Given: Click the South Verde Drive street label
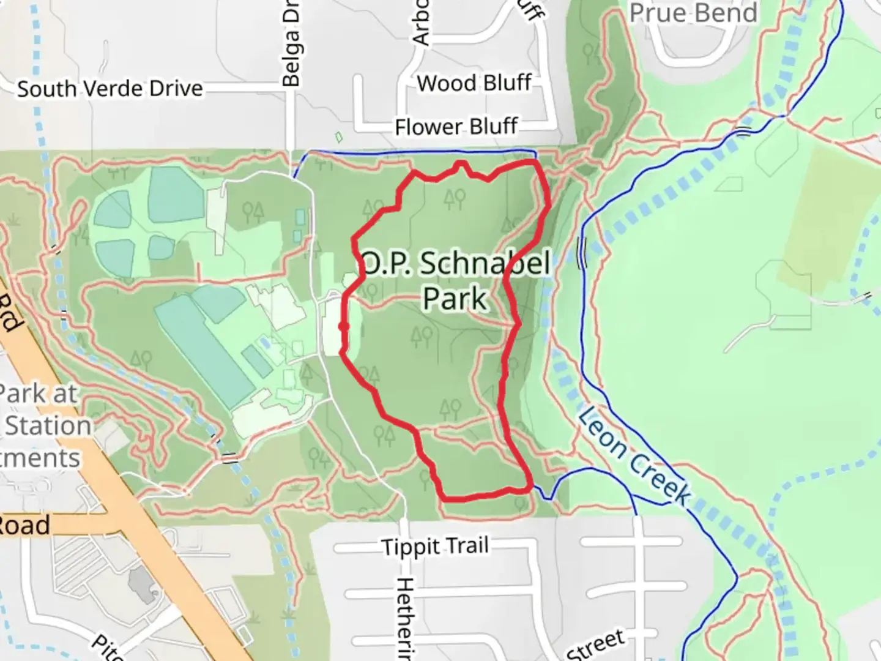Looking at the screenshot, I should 110,89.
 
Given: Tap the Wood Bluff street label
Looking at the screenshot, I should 474,83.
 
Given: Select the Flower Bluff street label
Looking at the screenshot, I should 456,127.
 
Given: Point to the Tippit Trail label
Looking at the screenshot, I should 435,546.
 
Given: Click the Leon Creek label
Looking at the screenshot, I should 634,455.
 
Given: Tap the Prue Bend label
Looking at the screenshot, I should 693,13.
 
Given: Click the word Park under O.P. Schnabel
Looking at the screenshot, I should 455,299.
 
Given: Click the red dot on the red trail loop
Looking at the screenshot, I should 344,327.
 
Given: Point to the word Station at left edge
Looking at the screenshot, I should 48,426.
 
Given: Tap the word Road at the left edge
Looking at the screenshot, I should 24,526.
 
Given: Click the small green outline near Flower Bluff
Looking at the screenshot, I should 339,137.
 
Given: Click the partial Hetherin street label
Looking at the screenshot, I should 405,618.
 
